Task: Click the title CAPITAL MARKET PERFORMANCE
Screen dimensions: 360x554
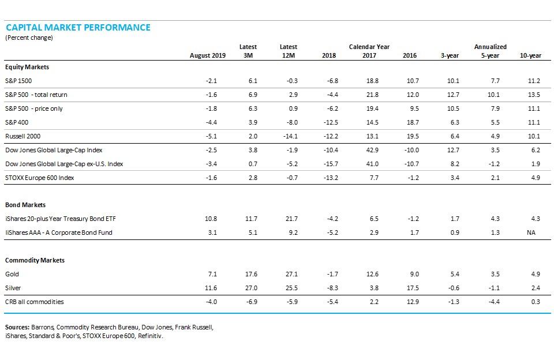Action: [x=78, y=27]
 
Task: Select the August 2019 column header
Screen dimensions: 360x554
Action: [x=208, y=56]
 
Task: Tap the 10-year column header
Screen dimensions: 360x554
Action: [x=530, y=56]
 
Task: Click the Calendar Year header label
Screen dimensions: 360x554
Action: [x=369, y=47]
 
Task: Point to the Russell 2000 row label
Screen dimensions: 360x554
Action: [x=22, y=136]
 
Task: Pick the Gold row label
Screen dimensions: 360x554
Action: [x=12, y=274]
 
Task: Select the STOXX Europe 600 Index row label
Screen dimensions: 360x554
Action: [x=39, y=178]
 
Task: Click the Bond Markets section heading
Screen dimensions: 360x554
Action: [x=25, y=205]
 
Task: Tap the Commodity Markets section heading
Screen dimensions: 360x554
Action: [x=35, y=260]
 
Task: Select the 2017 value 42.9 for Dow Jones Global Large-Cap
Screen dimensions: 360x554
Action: [x=372, y=150]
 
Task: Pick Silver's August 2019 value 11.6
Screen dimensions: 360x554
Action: [x=211, y=288]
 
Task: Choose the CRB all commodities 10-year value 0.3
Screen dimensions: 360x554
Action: [x=535, y=302]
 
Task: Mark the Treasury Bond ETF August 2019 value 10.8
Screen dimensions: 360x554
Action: [x=211, y=219]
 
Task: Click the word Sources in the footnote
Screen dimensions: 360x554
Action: [x=17, y=327]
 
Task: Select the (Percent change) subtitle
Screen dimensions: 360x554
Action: [x=29, y=37]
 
